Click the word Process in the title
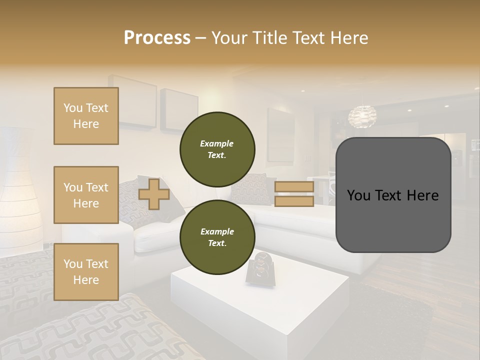tap(157, 37)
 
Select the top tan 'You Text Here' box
tap(86, 116)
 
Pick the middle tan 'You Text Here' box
tap(86, 195)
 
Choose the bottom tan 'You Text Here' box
tap(86, 272)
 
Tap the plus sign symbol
tap(154, 194)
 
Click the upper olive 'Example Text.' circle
tap(217, 149)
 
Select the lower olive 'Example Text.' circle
tap(217, 237)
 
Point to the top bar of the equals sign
tap(294, 186)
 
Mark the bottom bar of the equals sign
tap(294, 201)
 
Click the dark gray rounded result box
tap(393, 195)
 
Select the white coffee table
tap(260, 305)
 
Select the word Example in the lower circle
tap(217, 231)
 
